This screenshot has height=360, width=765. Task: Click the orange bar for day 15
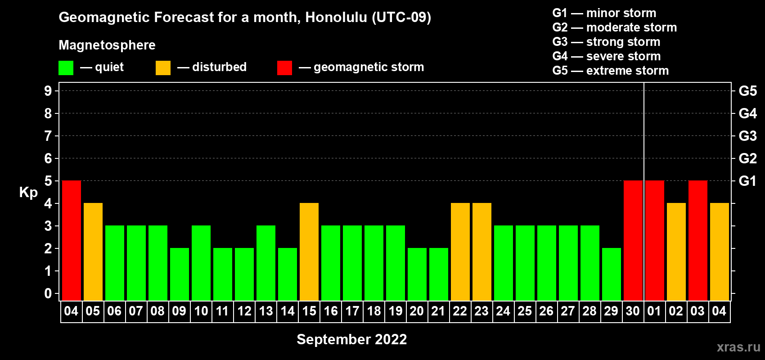pyautogui.click(x=309, y=252)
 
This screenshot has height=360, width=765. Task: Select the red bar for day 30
pyautogui.click(x=633, y=240)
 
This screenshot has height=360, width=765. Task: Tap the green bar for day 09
pyautogui.click(x=180, y=274)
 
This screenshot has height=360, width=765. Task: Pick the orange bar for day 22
pyautogui.click(x=460, y=252)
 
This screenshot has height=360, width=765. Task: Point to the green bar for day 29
pyautogui.click(x=612, y=274)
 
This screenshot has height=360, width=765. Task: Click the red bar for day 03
pyautogui.click(x=698, y=240)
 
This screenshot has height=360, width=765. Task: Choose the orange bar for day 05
pyautogui.click(x=93, y=252)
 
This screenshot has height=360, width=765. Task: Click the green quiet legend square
pyautogui.click(x=66, y=67)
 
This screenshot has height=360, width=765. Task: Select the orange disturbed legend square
pyautogui.click(x=163, y=67)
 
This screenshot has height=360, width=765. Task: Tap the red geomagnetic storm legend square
pyautogui.click(x=284, y=67)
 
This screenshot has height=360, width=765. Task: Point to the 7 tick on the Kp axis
pyautogui.click(x=48, y=136)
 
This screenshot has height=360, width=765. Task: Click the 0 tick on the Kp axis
pyautogui.click(x=48, y=293)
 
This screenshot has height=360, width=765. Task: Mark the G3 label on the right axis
pyautogui.click(x=747, y=136)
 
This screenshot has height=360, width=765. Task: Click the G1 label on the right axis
pyautogui.click(x=747, y=181)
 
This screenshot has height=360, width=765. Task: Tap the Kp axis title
pyautogui.click(x=28, y=193)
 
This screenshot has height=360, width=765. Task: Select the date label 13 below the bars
pyautogui.click(x=266, y=311)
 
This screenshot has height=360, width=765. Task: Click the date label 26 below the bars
pyautogui.click(x=546, y=311)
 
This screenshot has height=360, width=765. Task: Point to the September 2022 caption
pyautogui.click(x=352, y=339)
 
